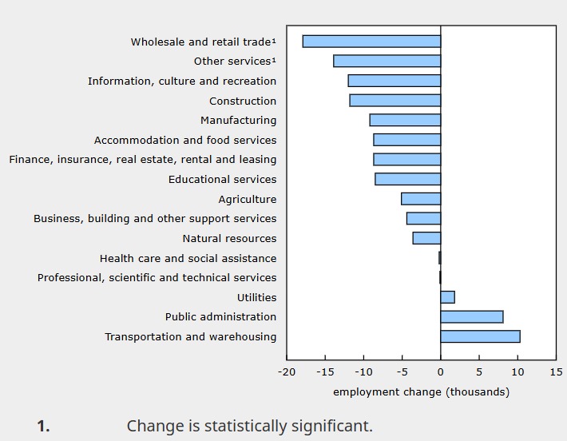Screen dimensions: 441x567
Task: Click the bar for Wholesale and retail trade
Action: pyautogui.click(x=371, y=42)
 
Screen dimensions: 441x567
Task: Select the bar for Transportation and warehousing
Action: pyautogui.click(x=480, y=336)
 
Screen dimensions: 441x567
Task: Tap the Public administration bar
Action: pyautogui.click(x=471, y=316)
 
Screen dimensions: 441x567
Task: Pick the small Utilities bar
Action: pyautogui.click(x=447, y=297)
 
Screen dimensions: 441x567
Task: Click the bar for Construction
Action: pyautogui.click(x=395, y=101)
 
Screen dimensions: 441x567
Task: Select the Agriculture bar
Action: pyautogui.click(x=421, y=199)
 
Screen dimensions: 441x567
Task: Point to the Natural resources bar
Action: pyautogui.click(x=426, y=238)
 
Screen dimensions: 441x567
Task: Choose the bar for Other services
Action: pyautogui.click(x=387, y=62)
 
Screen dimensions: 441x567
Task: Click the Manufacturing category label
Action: pyautogui.click(x=238, y=121)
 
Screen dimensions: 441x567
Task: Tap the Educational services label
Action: pyautogui.click(x=222, y=180)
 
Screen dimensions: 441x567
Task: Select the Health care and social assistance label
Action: pyautogui.click(x=188, y=258)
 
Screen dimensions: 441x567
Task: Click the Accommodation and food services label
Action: pyautogui.click(x=185, y=140)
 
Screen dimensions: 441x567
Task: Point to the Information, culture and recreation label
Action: pyautogui.click(x=182, y=81)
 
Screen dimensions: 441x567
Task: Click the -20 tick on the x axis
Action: pyautogui.click(x=287, y=372)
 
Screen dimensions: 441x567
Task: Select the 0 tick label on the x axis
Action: pyautogui.click(x=440, y=372)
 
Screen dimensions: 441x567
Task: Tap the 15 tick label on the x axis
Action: pyautogui.click(x=555, y=372)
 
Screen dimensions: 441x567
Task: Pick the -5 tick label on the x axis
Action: pyautogui.click(x=402, y=372)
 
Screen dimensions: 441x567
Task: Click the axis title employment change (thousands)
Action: pyautogui.click(x=421, y=391)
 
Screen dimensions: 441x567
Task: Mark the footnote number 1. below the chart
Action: pyautogui.click(x=43, y=427)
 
